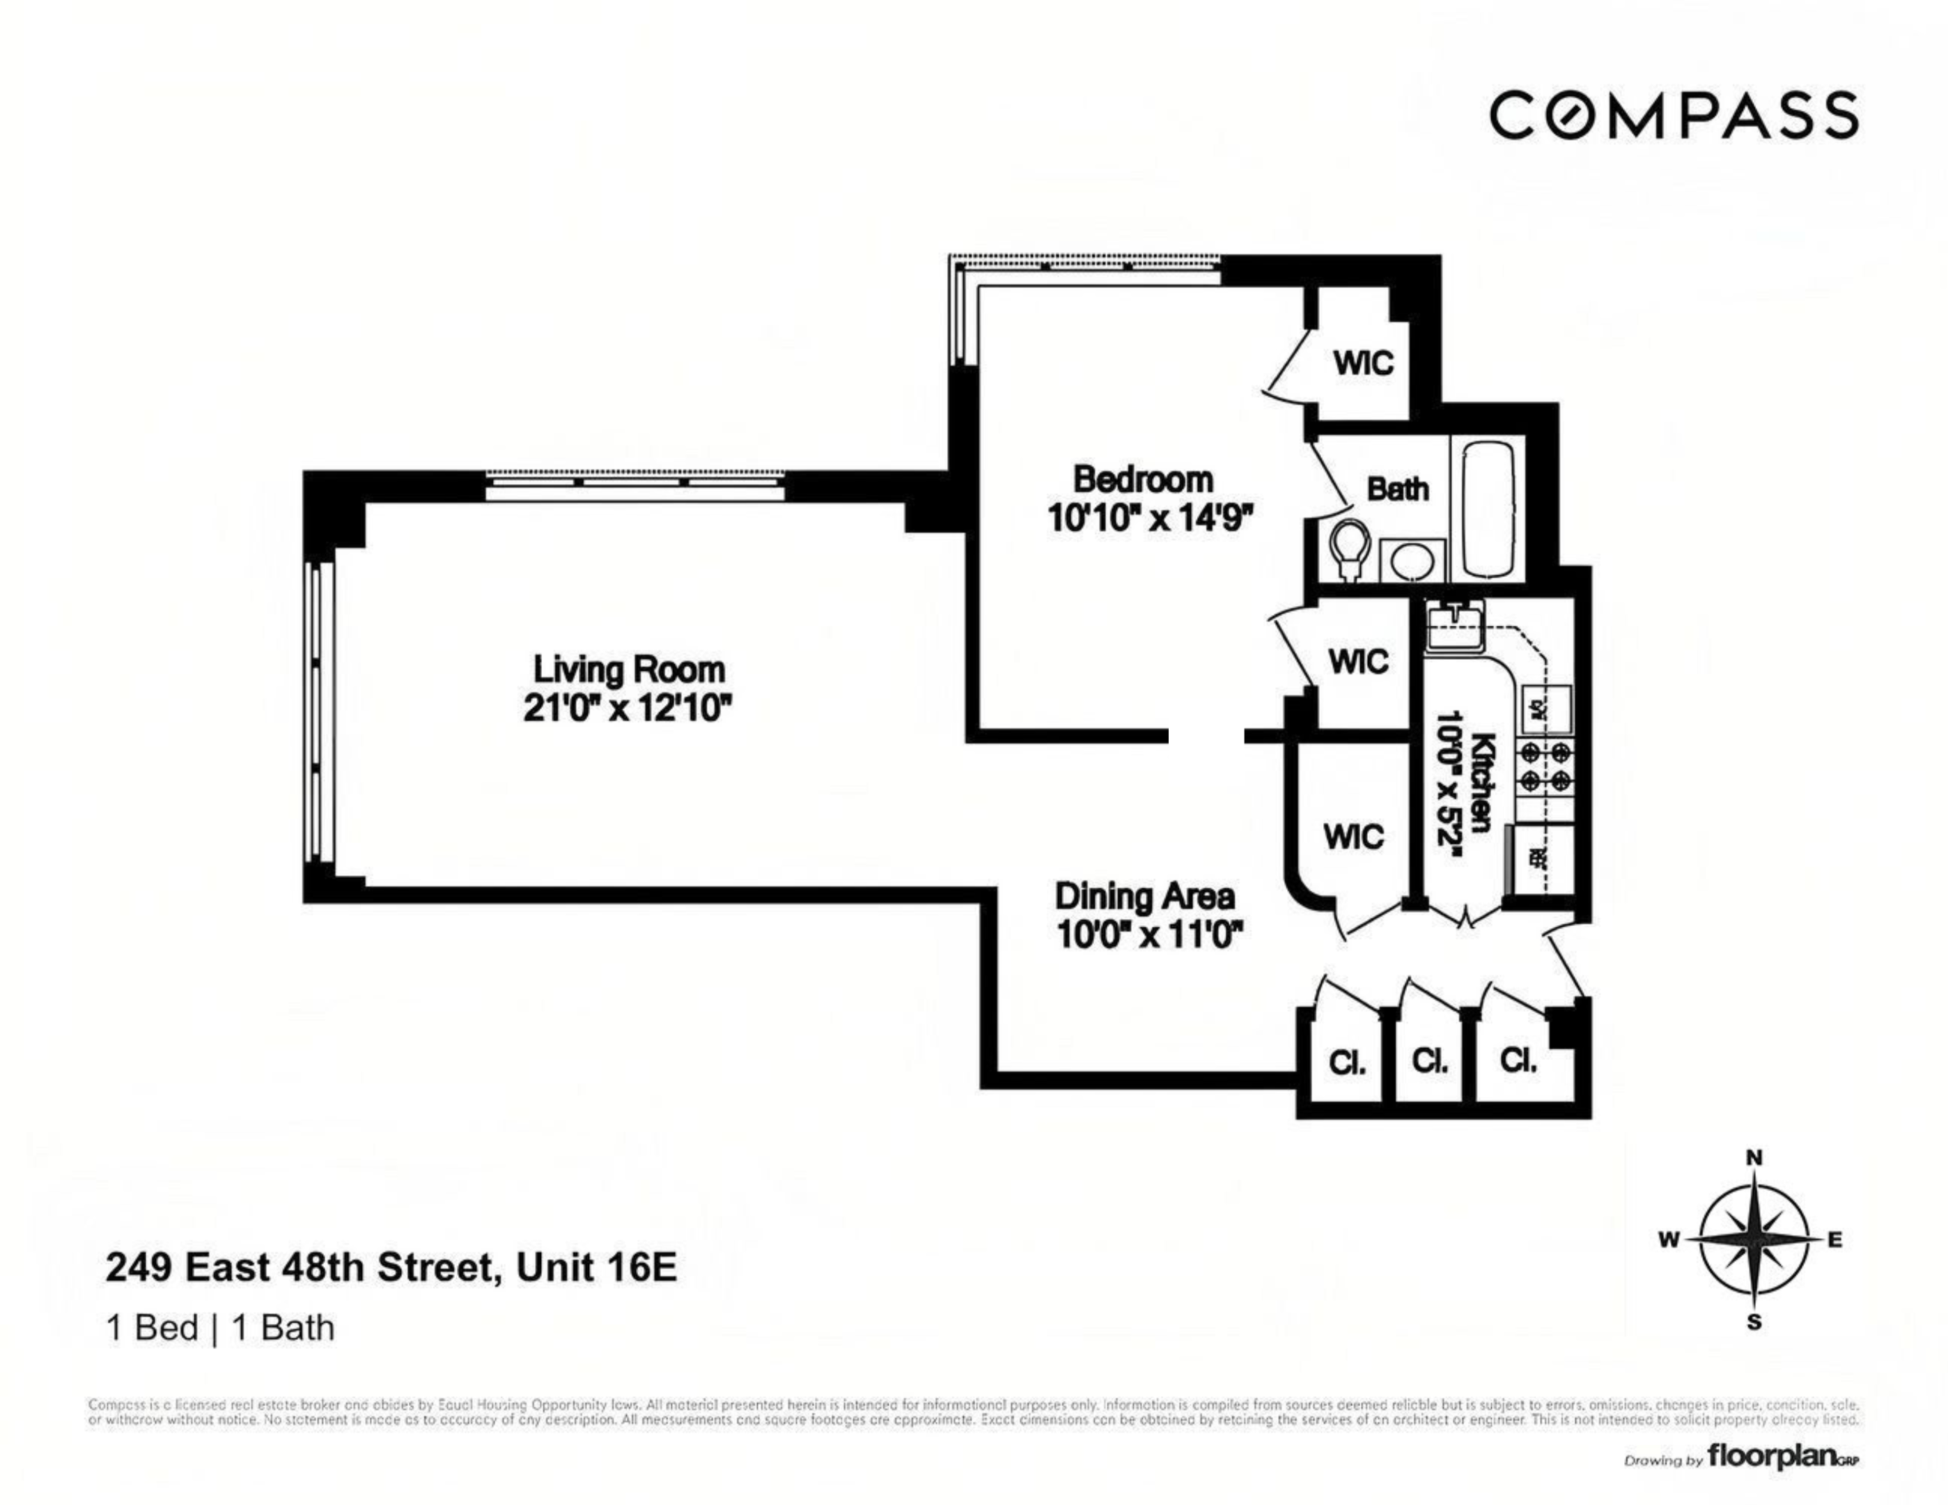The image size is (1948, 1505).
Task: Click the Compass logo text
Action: point(1674,116)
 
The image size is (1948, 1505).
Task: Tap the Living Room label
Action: point(628,670)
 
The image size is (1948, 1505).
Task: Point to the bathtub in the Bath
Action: point(1488,509)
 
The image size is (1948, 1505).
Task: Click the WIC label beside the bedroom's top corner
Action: point(1363,363)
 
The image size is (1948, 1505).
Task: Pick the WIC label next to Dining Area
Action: point(1353,837)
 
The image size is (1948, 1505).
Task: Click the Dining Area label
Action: point(1144,896)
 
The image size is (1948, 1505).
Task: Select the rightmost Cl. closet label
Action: point(1518,1060)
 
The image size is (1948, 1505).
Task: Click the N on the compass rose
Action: point(1754,1158)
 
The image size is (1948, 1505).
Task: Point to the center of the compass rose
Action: point(1754,1239)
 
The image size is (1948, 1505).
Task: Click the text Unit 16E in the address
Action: point(595,1267)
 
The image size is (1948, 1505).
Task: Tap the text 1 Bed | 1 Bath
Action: point(219,1328)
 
